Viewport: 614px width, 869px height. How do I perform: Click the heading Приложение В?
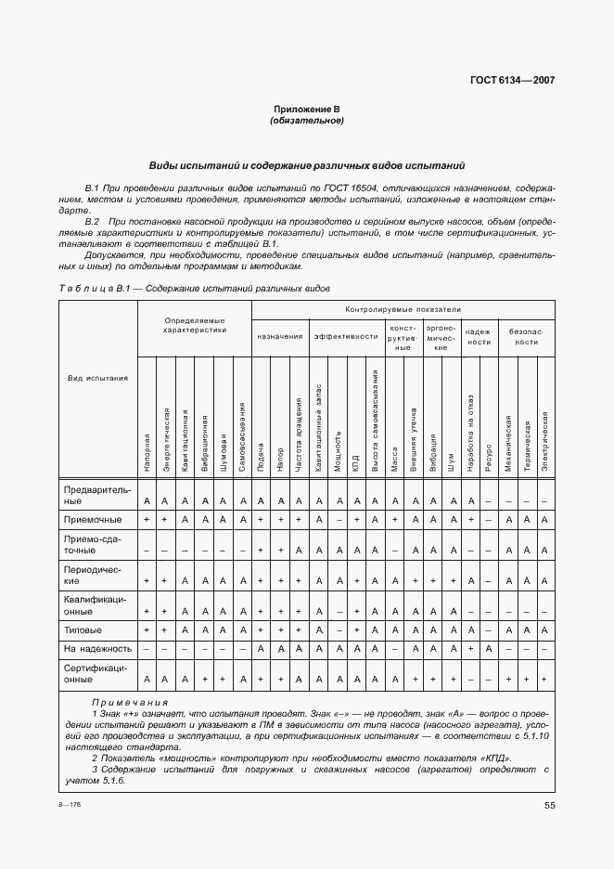click(306, 109)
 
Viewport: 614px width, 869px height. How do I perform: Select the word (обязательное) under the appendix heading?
click(306, 121)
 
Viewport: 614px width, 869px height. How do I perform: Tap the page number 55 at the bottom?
click(549, 805)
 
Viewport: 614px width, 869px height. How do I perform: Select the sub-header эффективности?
click(346, 336)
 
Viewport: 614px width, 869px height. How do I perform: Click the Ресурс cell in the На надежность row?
click(487, 649)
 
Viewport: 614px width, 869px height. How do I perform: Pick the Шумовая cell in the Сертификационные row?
click(223, 680)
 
